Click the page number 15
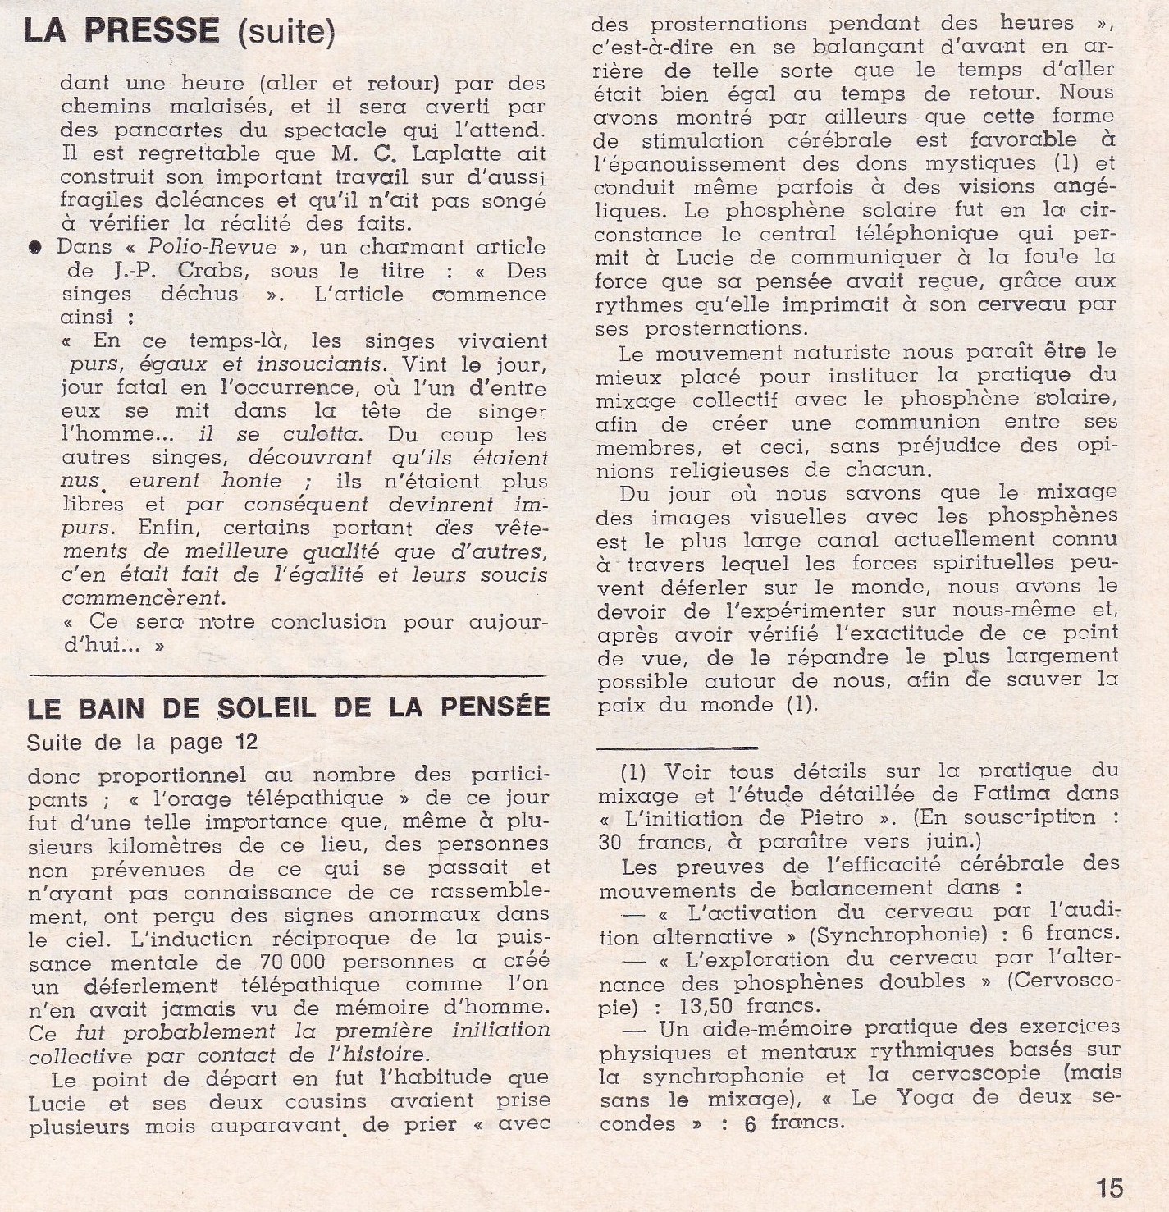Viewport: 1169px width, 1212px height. click(1108, 1187)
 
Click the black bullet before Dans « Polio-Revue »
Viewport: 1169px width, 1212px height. click(35, 248)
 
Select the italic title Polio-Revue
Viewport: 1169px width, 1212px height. click(212, 247)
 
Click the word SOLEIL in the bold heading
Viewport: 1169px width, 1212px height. click(267, 707)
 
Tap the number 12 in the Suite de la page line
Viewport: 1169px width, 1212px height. click(245, 743)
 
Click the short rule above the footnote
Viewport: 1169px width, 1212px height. click(678, 747)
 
